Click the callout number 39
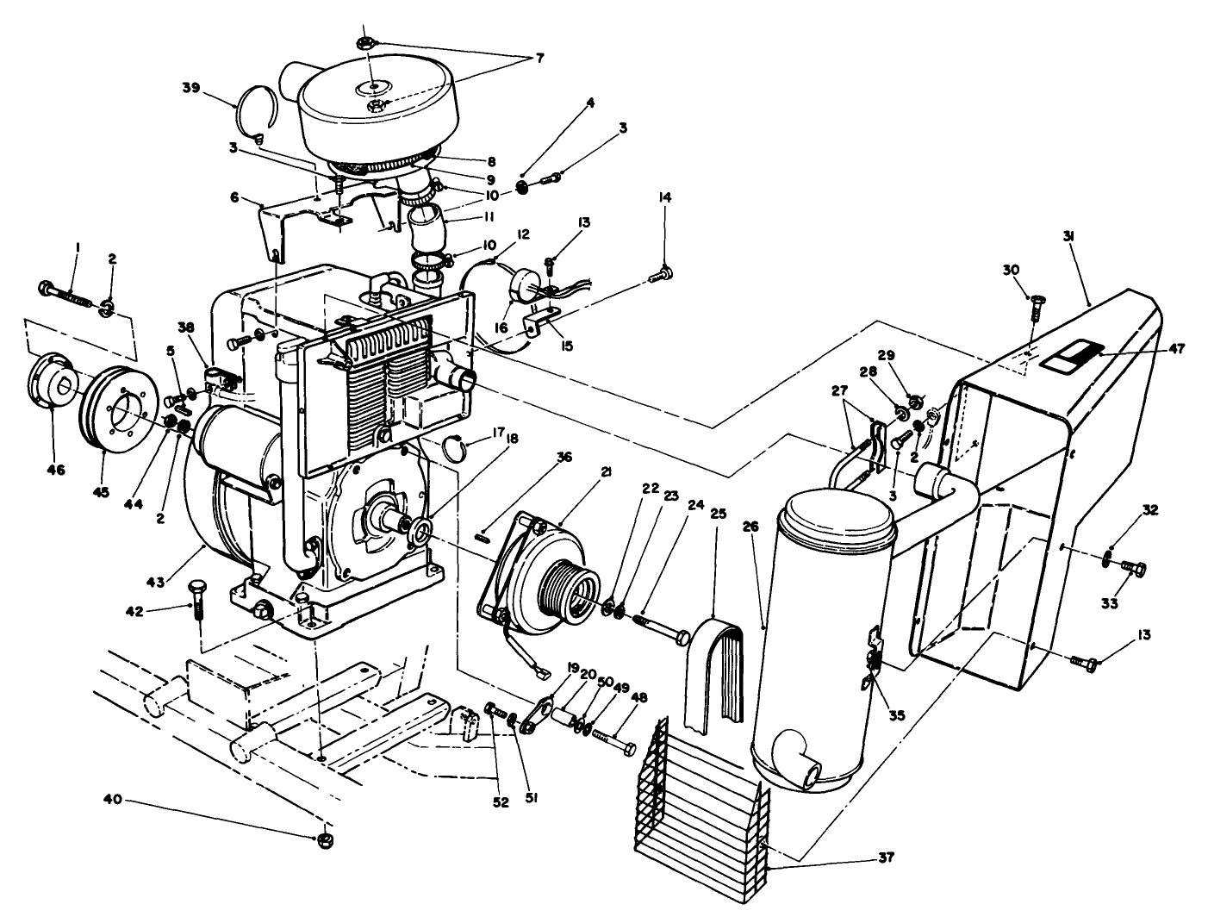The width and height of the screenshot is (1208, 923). pyautogui.click(x=191, y=87)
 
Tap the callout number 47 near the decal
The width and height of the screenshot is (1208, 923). pyautogui.click(x=1177, y=349)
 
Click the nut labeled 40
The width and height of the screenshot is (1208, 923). pyautogui.click(x=325, y=839)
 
